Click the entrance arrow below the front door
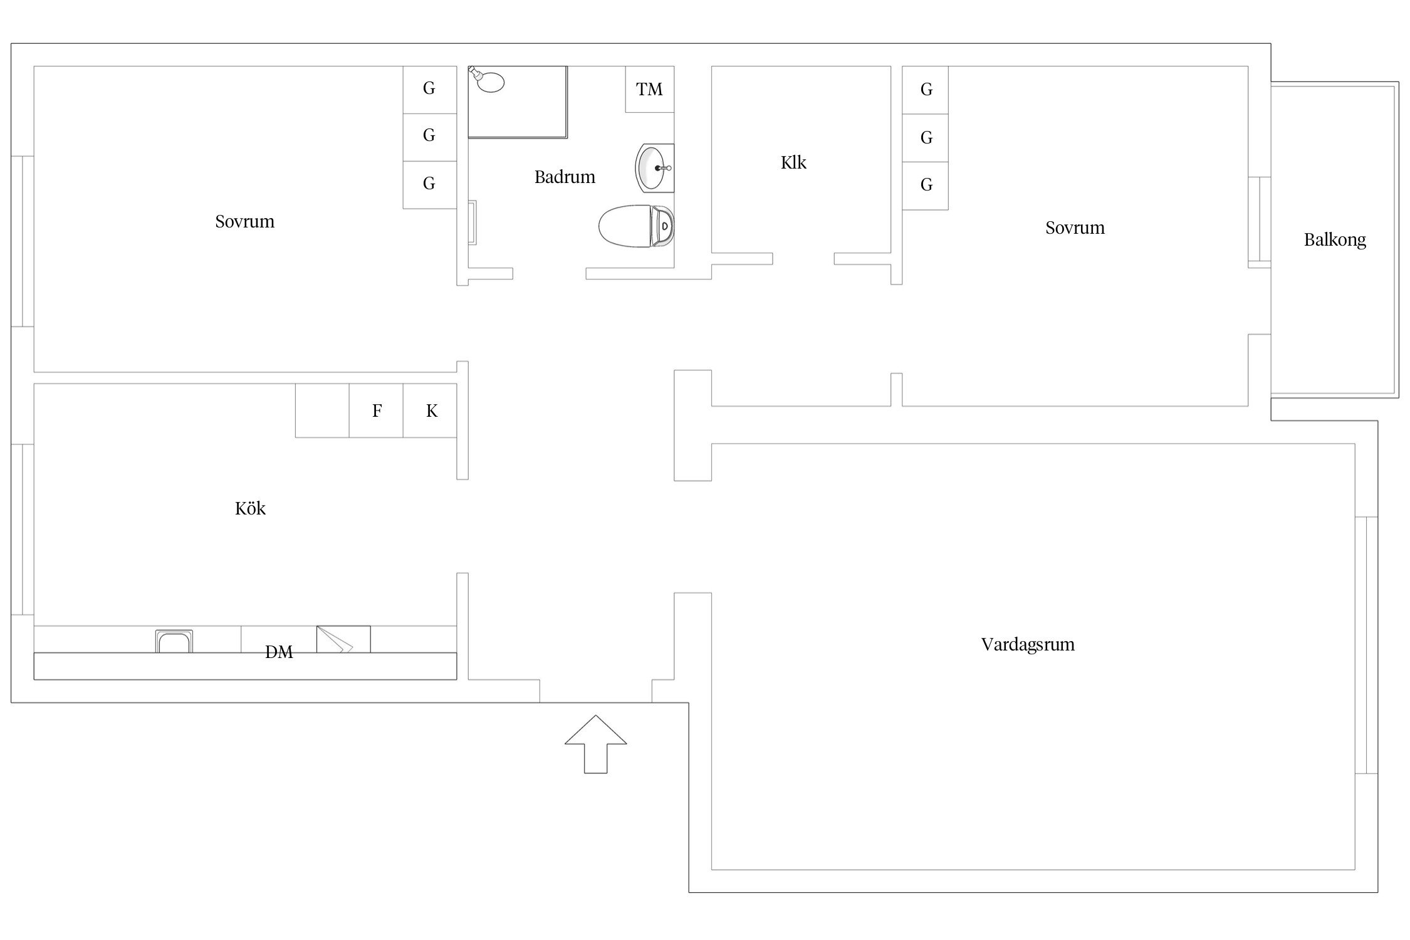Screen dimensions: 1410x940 pos(595,744)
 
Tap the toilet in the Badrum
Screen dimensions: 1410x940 pos(636,226)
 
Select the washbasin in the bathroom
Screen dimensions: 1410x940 pos(654,168)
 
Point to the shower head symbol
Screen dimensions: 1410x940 pos(487,80)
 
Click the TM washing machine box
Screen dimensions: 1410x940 pos(649,90)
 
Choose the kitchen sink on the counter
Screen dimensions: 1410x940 pos(174,641)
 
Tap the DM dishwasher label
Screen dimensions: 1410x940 pos(279,652)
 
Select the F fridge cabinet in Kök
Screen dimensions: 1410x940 pos(376,410)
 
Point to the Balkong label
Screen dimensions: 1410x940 pos(1335,240)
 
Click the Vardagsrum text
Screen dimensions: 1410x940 pos(1028,645)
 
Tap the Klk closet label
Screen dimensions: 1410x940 pos(793,163)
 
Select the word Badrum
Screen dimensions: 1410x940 pos(565,177)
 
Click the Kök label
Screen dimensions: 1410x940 pos(250,508)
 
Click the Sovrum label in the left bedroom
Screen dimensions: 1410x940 pos(244,222)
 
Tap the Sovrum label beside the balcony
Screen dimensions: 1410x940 pos(1075,228)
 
